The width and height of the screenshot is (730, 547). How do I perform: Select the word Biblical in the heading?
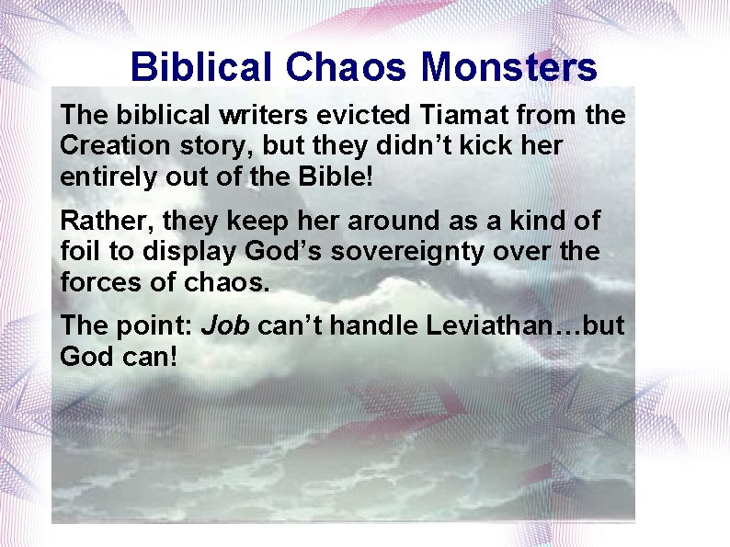201,67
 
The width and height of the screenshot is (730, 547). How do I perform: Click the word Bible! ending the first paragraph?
336,177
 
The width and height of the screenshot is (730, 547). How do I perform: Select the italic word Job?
225,325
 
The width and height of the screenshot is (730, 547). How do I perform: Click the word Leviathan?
481,325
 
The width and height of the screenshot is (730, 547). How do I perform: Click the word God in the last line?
84,356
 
